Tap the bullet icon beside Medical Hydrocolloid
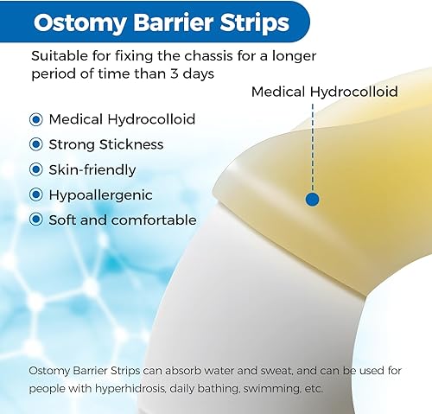36,119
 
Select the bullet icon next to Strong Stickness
36,144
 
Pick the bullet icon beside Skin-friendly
36,169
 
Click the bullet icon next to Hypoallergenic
36,194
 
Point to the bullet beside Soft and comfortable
36,220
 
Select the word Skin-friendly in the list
92,169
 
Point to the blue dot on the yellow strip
313,199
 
